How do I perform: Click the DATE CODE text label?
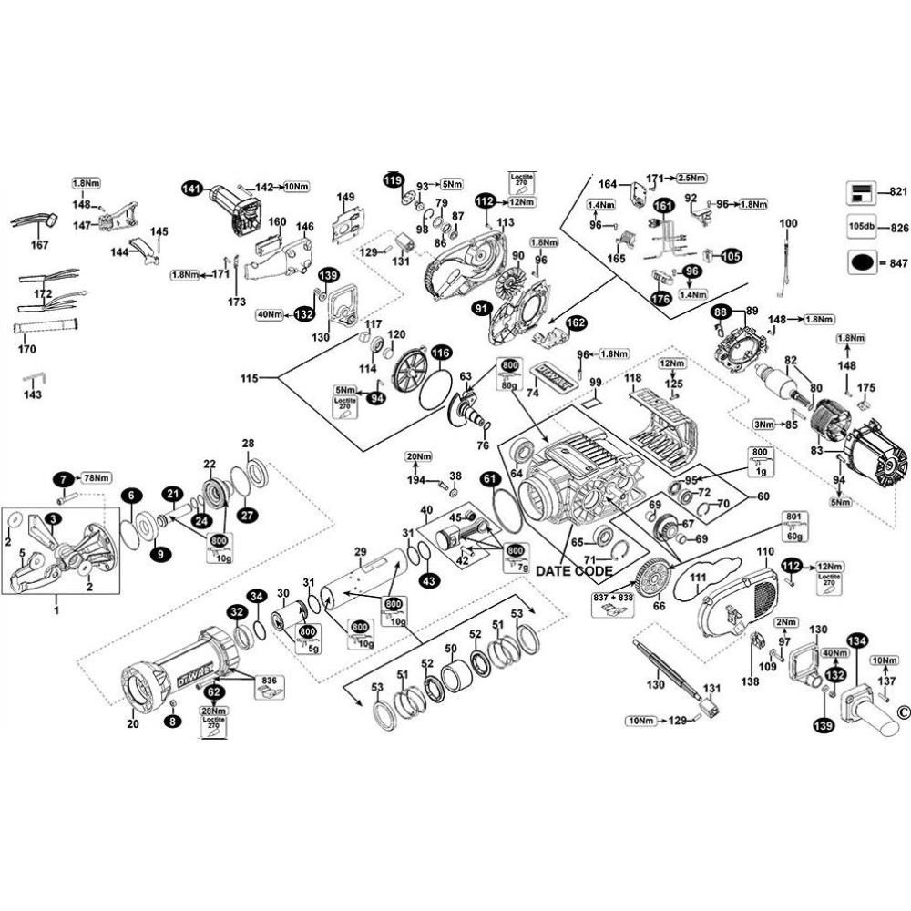click(x=574, y=570)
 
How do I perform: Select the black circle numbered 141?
click(x=190, y=188)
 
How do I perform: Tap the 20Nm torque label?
click(x=417, y=455)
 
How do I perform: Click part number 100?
click(x=788, y=223)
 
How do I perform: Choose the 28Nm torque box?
click(x=213, y=711)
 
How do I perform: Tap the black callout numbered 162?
click(x=576, y=322)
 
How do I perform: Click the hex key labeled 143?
click(x=35, y=378)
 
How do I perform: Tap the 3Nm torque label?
click(x=763, y=424)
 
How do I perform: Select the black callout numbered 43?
click(x=429, y=579)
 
